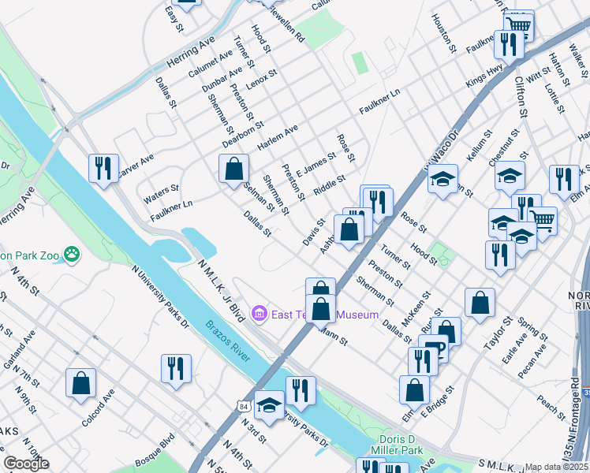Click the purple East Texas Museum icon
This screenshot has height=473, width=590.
coord(259,315)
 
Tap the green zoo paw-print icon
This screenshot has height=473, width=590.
coord(73,255)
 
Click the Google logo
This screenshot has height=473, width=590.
coord(26,464)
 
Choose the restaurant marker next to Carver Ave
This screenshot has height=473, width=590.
coord(103,168)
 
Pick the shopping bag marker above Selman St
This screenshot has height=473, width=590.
coord(233,169)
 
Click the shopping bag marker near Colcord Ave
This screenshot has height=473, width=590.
coord(80,384)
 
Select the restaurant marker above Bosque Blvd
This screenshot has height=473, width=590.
coord(175,368)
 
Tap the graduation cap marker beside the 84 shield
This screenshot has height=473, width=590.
coord(269,405)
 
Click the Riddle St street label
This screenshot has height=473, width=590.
coord(329,185)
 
